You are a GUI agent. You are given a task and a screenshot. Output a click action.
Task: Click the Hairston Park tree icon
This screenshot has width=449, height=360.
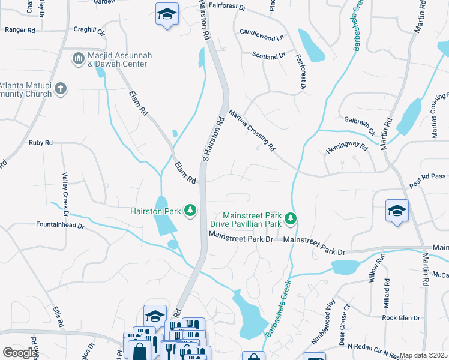pos(190,210)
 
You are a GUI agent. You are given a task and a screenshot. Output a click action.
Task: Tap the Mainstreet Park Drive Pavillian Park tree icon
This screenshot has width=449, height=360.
pos(291,219)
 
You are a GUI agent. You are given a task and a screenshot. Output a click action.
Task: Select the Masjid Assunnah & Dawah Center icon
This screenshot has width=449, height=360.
pos(77,59)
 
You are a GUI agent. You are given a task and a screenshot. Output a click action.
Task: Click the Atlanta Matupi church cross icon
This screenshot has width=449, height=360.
pos(60,89)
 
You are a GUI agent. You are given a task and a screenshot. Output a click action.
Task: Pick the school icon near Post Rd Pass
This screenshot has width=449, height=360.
pos(397,211)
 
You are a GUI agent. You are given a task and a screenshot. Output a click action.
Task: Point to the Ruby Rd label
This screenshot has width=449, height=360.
pos(41,143)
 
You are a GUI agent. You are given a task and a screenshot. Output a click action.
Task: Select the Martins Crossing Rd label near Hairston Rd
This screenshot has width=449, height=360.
pos(252,130)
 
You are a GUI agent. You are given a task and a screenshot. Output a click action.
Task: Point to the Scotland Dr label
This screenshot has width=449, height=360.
pos(268,55)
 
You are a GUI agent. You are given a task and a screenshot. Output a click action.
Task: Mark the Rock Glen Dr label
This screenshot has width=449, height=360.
pos(402,317)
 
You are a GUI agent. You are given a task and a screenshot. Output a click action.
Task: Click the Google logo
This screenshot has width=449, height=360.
pos(20,353)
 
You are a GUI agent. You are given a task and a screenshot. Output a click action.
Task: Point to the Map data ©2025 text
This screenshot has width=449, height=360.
pos(424,355)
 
